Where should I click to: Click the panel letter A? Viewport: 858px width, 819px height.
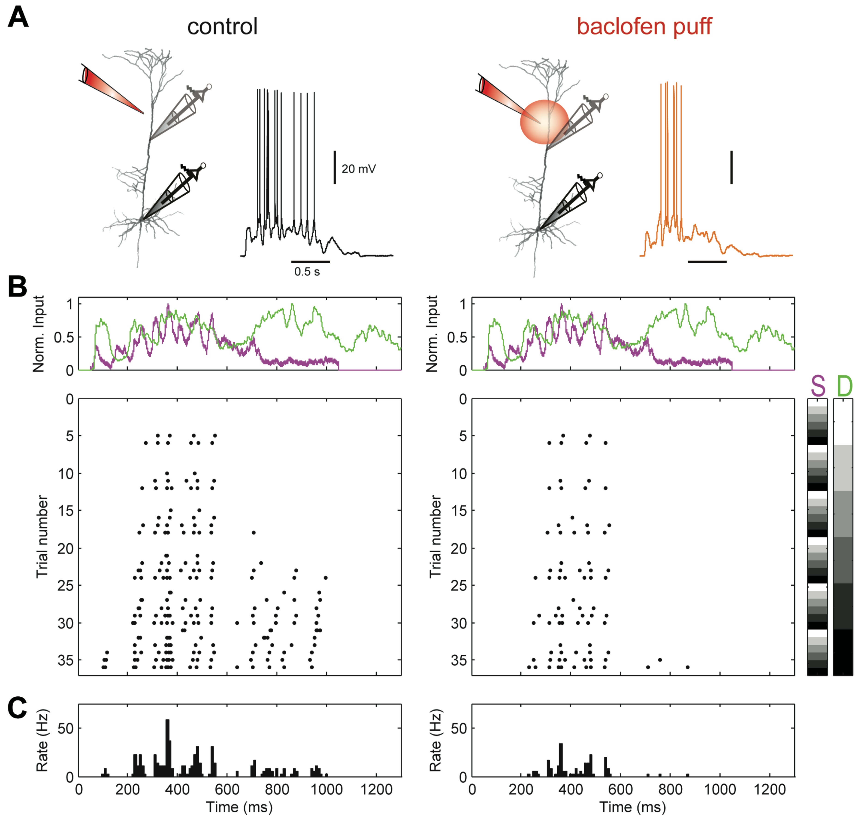click(18, 18)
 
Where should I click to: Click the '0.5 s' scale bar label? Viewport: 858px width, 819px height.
click(307, 272)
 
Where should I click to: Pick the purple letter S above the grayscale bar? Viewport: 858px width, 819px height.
click(817, 386)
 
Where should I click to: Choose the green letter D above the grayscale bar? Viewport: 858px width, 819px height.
click(844, 386)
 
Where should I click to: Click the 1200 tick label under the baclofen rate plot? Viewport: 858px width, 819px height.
click(769, 789)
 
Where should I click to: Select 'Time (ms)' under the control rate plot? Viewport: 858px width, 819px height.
click(239, 807)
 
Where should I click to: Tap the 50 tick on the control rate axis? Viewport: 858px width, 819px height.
click(66, 728)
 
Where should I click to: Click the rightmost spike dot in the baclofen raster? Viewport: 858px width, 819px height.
click(687, 667)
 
